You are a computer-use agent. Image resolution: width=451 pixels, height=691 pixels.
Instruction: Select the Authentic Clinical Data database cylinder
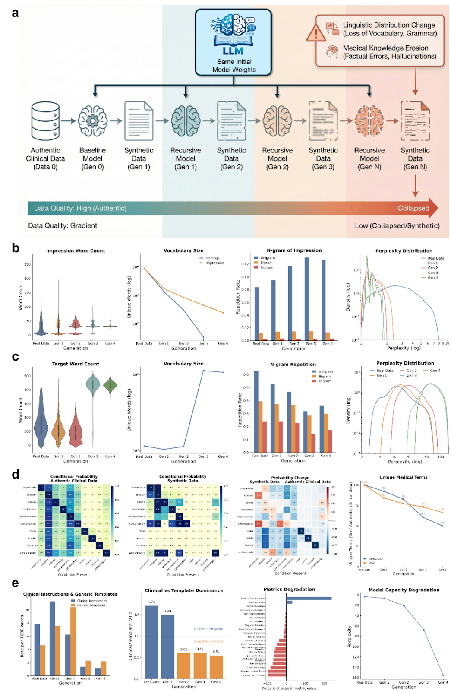[45, 120]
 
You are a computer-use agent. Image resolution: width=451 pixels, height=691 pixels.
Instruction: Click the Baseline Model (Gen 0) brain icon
[92, 121]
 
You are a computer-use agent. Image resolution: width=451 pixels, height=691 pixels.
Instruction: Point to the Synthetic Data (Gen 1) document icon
[139, 121]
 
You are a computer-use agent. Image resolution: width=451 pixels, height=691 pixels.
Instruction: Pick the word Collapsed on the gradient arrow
[413, 208]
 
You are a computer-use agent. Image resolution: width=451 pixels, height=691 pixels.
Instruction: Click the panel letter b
[16, 248]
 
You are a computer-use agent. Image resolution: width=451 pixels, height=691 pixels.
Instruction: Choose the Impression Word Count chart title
[76, 251]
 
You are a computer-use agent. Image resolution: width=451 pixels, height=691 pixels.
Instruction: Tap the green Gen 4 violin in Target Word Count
[110, 385]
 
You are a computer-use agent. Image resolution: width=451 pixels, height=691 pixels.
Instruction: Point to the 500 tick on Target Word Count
[28, 376]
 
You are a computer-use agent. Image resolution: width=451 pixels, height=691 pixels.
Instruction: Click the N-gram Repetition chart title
[293, 365]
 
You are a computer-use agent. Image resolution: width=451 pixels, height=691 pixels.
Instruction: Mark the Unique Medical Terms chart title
[403, 477]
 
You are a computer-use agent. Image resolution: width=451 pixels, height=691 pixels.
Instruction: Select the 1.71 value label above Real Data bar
[151, 602]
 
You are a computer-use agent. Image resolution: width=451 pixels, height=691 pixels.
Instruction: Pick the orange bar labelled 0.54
[216, 667]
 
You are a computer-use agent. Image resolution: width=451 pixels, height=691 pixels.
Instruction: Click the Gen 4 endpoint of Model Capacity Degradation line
[443, 675]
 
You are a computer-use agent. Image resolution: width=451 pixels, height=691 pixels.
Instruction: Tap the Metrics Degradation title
[289, 589]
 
